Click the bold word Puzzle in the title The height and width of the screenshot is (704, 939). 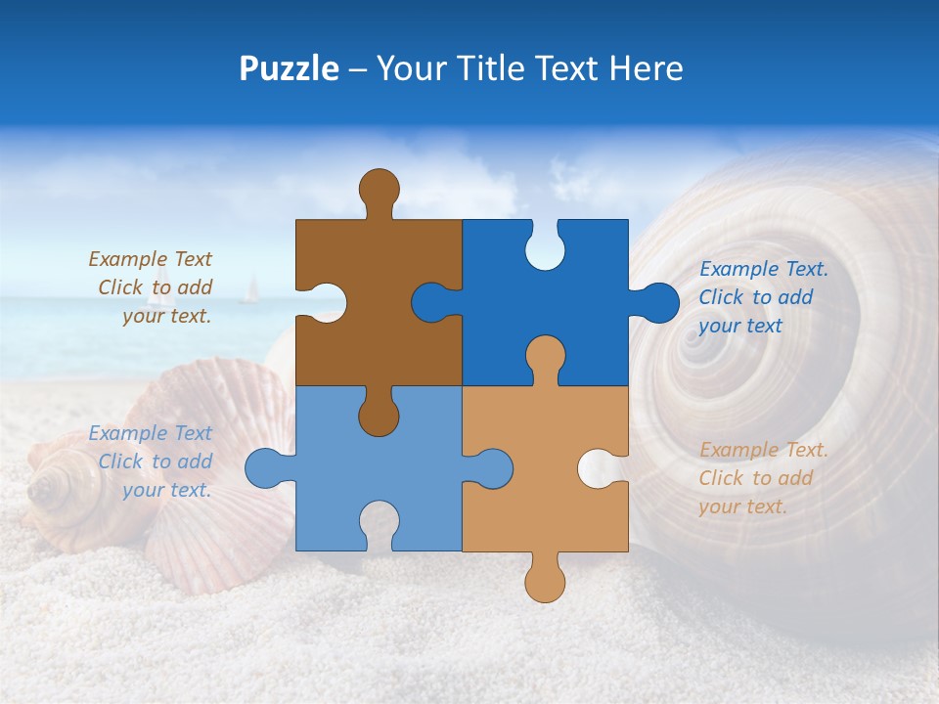[x=290, y=68]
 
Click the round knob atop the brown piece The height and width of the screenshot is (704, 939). [x=379, y=189]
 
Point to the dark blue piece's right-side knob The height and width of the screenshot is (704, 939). [x=657, y=303]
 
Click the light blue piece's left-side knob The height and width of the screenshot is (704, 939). [x=265, y=467]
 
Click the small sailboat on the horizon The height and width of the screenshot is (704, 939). [x=251, y=288]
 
